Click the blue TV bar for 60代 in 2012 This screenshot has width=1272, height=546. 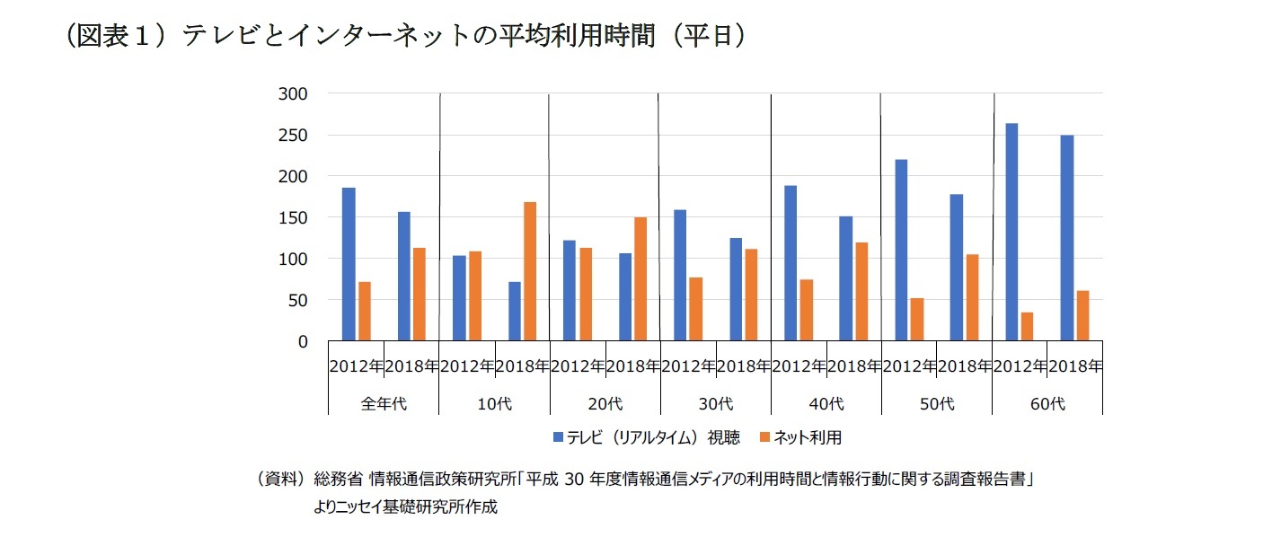click(1011, 233)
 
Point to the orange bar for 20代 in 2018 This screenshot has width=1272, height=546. click(640, 279)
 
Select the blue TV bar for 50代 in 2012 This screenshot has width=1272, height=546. click(901, 251)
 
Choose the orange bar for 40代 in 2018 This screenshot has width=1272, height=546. click(861, 292)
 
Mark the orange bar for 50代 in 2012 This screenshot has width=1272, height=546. click(916, 320)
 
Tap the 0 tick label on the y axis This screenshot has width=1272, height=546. click(302, 342)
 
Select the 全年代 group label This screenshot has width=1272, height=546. click(384, 404)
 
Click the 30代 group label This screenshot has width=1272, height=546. click(715, 404)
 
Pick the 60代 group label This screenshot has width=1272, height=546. click(1047, 404)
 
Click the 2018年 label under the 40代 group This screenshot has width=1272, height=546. click(853, 366)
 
